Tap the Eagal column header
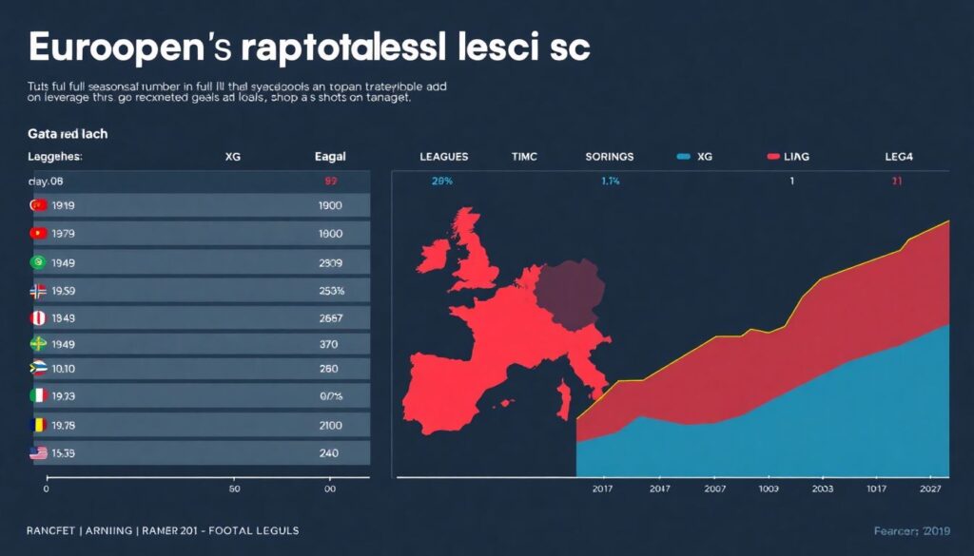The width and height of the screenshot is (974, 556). click(x=329, y=156)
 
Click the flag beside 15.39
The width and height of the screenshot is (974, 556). click(x=38, y=454)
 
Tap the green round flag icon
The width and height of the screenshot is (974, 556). click(x=38, y=262)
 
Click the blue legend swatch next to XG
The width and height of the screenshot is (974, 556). click(x=682, y=156)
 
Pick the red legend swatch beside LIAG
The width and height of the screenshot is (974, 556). click(x=772, y=156)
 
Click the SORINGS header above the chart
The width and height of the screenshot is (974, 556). click(x=610, y=156)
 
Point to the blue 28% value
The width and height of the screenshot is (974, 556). click(x=441, y=181)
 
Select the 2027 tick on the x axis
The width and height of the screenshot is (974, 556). click(x=933, y=489)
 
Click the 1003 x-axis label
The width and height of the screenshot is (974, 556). click(x=769, y=489)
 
